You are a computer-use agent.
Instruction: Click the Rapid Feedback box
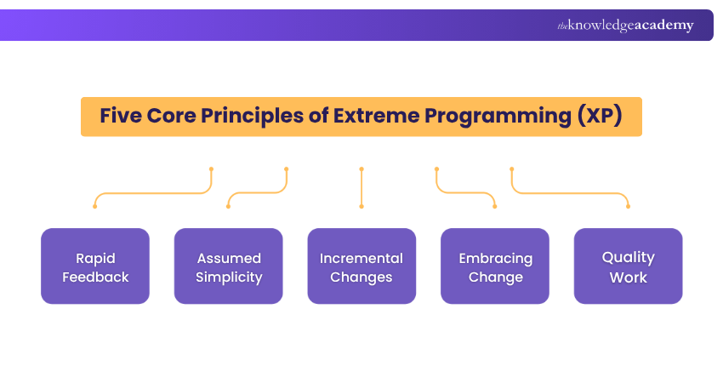pos(95,266)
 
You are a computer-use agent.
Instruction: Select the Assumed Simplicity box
pos(229,266)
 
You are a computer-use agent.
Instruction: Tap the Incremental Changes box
pos(361,266)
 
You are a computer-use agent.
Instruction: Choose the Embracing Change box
pos(495,266)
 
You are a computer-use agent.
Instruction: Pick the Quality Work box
pos(628,266)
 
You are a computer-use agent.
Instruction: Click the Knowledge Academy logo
pos(625,26)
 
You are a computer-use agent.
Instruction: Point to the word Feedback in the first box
pos(95,277)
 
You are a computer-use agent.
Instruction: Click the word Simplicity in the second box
pos(229,277)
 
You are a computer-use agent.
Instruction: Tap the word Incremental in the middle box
pos(361,258)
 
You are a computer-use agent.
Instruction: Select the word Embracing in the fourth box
pos(495,258)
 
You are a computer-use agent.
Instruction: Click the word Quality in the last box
pos(628,256)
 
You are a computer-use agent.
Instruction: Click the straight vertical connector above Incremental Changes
pos(361,187)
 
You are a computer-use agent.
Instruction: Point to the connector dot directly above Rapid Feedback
pos(95,206)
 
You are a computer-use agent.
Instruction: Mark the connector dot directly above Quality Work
pos(628,206)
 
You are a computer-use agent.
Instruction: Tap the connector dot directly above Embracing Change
pos(495,206)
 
